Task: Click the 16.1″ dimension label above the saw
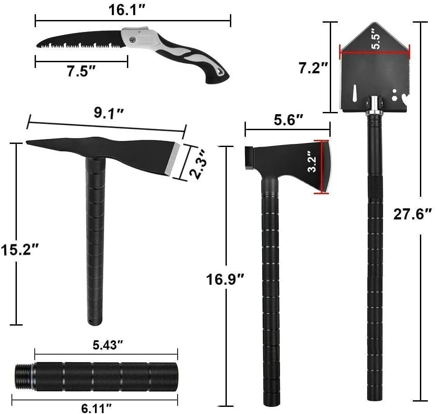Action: (x=126, y=11)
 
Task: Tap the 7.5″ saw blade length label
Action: (x=82, y=71)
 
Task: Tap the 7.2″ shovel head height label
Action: (x=313, y=68)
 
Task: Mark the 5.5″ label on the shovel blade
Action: (x=376, y=41)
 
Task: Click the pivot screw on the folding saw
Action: (x=133, y=39)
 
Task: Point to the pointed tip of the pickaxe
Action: (x=28, y=143)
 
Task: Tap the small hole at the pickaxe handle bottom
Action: (x=91, y=320)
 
